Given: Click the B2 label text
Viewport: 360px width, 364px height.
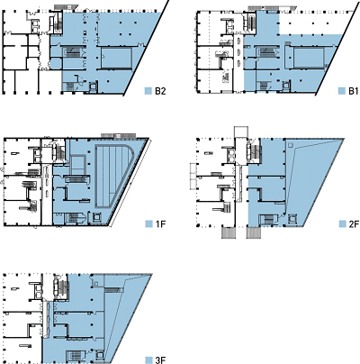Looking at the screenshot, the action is pos(160,91).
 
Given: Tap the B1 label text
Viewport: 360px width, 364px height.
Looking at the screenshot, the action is pos(353,91).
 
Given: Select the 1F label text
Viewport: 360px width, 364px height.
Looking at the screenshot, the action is pos(160,224).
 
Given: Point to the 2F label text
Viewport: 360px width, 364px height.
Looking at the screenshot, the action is pos(353,224).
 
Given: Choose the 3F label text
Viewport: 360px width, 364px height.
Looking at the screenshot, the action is pos(160,359).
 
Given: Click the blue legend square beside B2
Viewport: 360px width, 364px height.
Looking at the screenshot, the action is pos(148,91).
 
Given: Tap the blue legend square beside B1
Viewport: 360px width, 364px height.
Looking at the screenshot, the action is pos(342,91).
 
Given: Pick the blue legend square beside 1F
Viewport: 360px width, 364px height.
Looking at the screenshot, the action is pos(148,224).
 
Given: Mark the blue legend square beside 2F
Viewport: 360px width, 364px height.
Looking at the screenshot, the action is pos(342,224).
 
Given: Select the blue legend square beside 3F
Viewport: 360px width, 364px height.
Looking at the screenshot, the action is pos(148,359).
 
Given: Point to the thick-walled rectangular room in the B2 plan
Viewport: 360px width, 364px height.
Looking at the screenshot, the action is pos(116,58).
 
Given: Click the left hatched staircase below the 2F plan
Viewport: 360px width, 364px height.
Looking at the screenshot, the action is pos(228,232).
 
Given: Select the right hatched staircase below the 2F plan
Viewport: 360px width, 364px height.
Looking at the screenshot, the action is pos(253,232).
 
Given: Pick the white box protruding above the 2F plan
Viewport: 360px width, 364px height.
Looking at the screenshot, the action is pos(241,132).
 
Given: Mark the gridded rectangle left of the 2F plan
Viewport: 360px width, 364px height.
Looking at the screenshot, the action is pos(193,177).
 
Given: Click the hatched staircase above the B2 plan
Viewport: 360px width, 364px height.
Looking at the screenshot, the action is pos(67,6).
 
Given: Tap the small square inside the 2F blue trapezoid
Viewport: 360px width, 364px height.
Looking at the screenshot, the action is pos(290,146).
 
